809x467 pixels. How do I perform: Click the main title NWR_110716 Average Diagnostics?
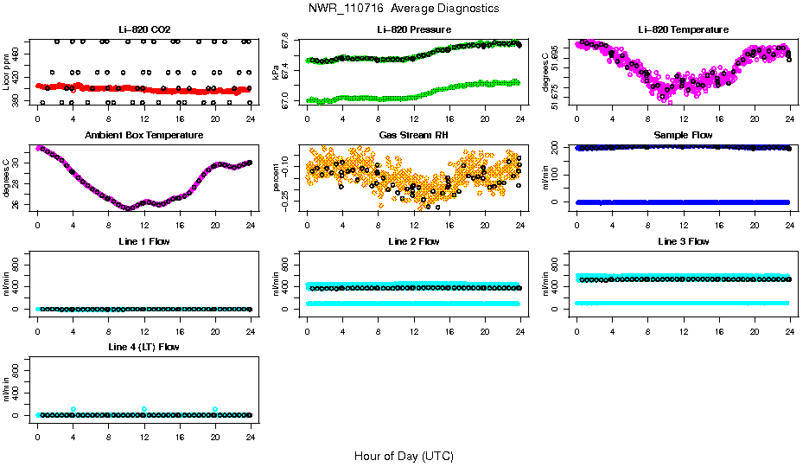tap(403, 9)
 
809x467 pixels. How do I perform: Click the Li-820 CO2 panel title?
tap(143, 30)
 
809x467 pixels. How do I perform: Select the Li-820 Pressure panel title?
tap(413, 30)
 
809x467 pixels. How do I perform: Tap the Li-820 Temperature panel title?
tap(683, 30)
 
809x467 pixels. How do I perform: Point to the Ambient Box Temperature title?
tap(143, 136)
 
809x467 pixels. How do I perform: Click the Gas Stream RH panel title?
tap(413, 136)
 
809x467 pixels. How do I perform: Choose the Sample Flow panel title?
tap(683, 136)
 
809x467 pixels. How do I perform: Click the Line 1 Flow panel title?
tap(143, 241)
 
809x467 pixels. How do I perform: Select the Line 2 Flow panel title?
tap(413, 241)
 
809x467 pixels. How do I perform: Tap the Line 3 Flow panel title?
tap(683, 241)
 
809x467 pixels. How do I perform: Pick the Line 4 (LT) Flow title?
tap(143, 347)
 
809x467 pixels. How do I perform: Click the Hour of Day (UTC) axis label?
tap(403, 456)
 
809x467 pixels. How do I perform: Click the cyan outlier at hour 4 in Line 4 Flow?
tap(73, 409)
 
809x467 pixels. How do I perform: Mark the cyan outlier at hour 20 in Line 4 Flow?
tap(215, 409)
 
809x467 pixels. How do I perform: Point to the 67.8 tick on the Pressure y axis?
tap(288, 42)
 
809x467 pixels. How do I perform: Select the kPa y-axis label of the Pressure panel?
tap(277, 74)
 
